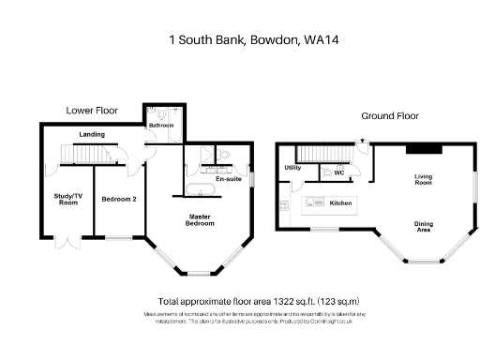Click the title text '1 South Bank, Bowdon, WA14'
(240, 39)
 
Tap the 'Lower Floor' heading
(91, 110)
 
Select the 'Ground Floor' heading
(390, 116)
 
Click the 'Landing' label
(92, 135)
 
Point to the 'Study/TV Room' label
(67, 200)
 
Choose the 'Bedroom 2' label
(118, 200)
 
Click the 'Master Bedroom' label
(198, 221)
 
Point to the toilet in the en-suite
(223, 153)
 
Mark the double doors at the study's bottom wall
(66, 244)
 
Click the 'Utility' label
(292, 169)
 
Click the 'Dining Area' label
(425, 226)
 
